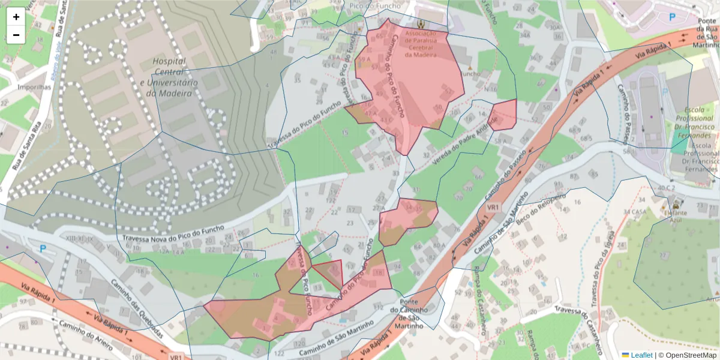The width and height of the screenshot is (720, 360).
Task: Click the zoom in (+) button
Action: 16,17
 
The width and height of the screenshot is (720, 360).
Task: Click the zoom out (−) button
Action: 16,35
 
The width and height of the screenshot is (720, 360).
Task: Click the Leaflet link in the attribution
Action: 641,355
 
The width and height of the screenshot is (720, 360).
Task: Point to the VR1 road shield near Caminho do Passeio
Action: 493,207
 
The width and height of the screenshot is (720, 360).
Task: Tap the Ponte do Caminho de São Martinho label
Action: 409,314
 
